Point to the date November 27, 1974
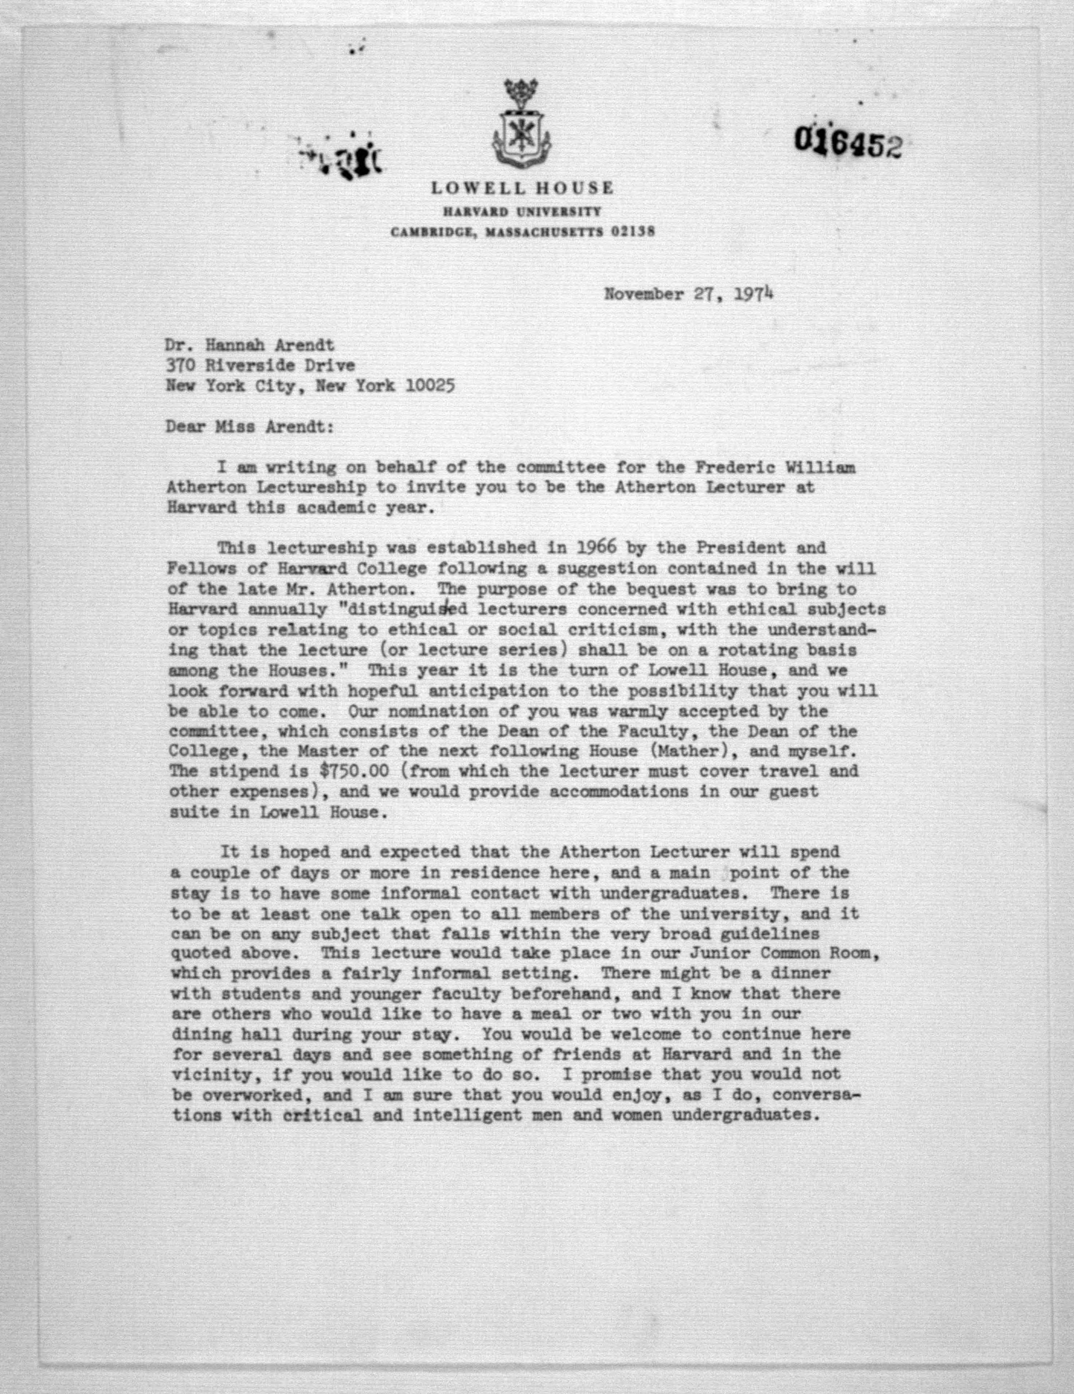(690, 295)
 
